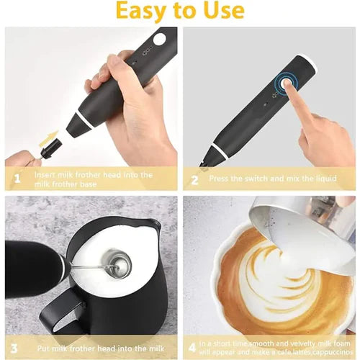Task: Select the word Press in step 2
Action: click(220, 178)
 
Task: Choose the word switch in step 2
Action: click(262, 178)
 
